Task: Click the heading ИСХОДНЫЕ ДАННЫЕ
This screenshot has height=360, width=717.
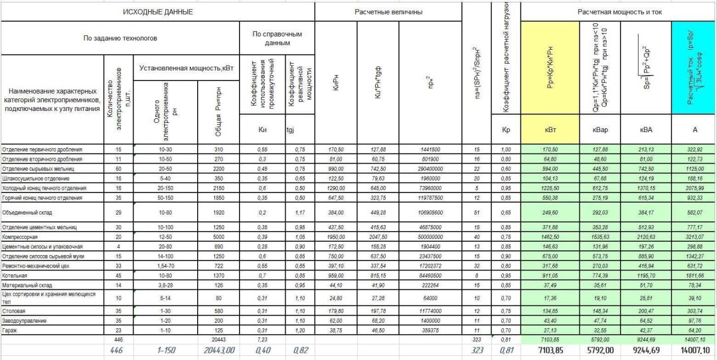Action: [x=158, y=12]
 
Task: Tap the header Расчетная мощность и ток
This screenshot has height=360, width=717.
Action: [x=617, y=12]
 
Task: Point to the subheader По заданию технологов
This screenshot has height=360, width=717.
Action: [x=120, y=39]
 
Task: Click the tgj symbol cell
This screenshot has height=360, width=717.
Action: [x=293, y=130]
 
